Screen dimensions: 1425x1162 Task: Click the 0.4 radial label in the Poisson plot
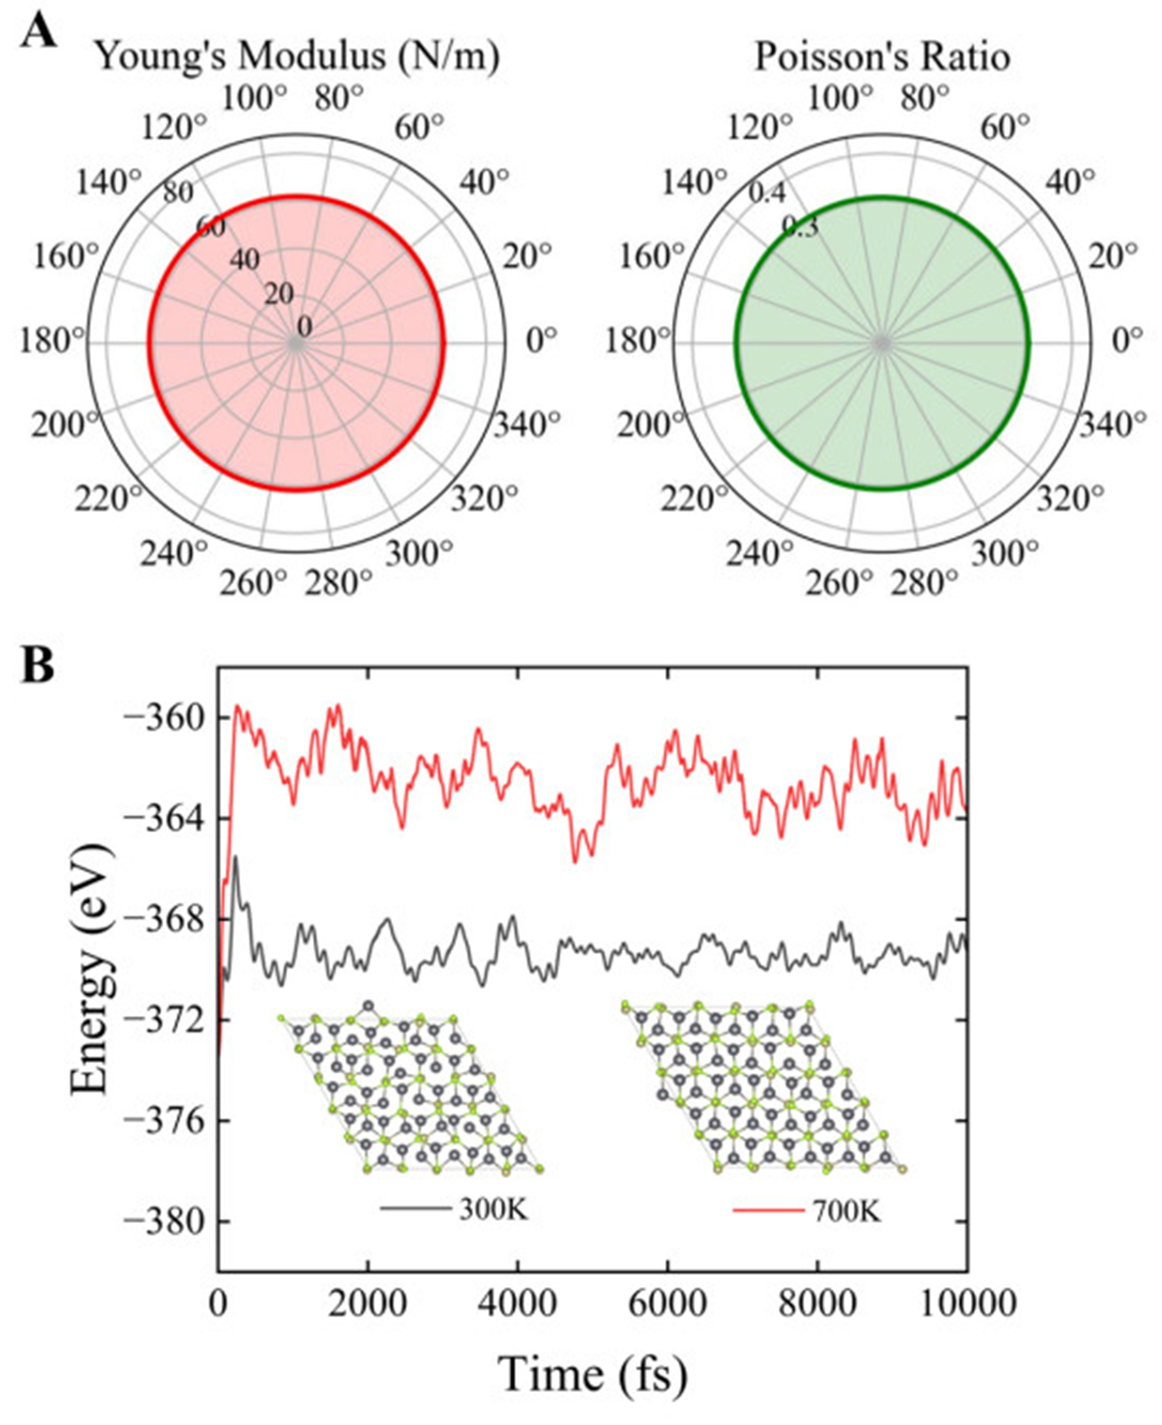click(767, 194)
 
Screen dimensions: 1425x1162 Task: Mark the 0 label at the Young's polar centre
click(305, 328)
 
